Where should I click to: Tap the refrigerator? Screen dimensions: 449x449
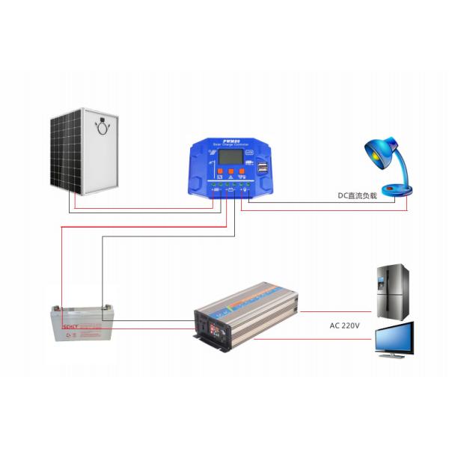coord(393,292)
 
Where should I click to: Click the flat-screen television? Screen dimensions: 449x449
coord(394,337)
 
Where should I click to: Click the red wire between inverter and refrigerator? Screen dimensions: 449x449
coord(337,310)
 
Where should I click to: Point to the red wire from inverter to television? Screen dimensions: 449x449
coord(314,340)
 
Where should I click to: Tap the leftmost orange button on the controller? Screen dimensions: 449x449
coord(216,173)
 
